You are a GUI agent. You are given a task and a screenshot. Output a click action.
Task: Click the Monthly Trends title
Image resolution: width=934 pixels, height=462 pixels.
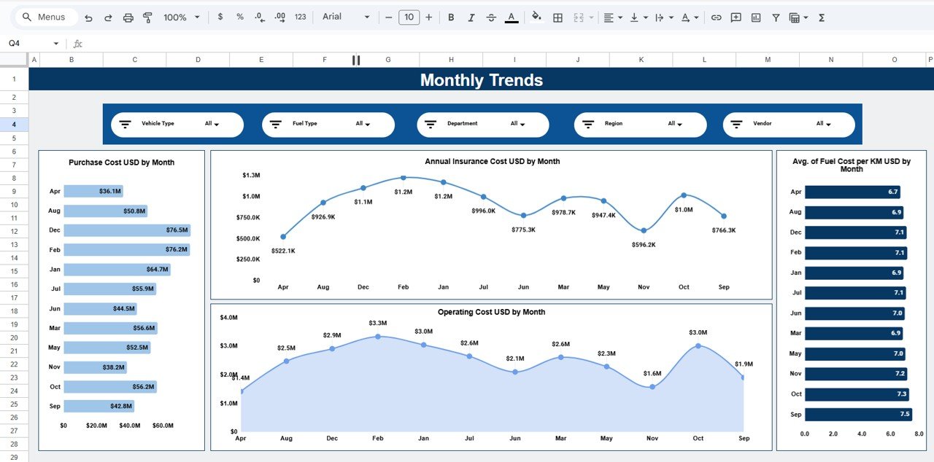[482, 80]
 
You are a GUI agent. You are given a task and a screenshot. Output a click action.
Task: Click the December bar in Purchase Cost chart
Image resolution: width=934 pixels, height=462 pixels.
[126, 230]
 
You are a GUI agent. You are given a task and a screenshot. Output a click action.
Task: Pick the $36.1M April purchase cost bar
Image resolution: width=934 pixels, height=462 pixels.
[93, 191]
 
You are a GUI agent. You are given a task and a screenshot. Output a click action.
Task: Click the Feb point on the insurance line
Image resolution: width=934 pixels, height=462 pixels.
[403, 178]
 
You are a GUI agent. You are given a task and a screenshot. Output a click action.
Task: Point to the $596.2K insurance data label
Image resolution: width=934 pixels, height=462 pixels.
[643, 245]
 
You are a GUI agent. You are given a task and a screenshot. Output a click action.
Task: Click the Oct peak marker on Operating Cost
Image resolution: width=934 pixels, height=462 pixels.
[698, 345]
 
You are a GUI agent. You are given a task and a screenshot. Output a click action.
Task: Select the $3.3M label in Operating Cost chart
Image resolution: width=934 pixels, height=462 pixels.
[378, 323]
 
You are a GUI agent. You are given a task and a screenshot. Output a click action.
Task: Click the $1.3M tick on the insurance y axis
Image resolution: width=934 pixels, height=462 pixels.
[251, 176]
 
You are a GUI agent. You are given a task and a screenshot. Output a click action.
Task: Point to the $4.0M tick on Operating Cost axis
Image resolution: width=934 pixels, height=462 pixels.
[228, 318]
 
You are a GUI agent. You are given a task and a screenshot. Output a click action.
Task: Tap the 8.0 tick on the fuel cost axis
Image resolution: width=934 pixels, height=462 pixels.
[919, 434]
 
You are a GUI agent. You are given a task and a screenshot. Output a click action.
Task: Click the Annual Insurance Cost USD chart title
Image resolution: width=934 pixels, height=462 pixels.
[492, 161]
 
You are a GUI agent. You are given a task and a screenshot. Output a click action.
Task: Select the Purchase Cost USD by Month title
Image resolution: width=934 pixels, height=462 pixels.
[121, 163]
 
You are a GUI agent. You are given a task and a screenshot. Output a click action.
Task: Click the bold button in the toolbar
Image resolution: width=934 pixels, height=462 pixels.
[451, 17]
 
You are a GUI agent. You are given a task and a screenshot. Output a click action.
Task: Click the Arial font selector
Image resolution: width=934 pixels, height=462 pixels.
[346, 17]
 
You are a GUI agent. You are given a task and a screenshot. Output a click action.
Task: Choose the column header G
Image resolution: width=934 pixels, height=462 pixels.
[387, 60]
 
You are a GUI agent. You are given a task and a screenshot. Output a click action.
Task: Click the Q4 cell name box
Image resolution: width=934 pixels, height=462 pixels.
[29, 44]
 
